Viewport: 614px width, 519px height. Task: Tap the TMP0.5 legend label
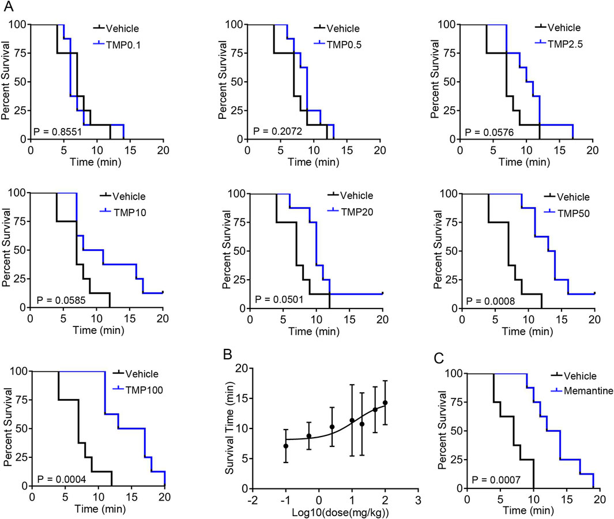(344, 43)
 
